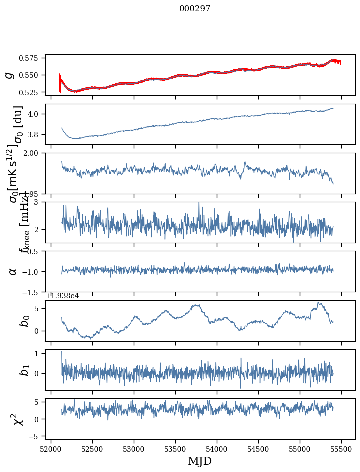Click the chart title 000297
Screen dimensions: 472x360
[195, 9]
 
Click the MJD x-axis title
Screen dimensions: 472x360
[200, 461]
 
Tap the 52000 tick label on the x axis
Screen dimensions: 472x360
[51, 449]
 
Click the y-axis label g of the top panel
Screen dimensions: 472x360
[9, 75]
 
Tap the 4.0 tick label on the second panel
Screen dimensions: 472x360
[36, 114]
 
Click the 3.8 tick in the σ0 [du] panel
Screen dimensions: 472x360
[36, 135]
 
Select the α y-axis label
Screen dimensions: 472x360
[13, 271]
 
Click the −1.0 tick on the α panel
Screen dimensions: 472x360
[32, 272]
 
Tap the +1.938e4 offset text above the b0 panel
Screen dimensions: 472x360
[62, 296]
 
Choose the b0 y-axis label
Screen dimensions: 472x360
[24, 321]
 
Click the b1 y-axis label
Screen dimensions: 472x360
[24, 370]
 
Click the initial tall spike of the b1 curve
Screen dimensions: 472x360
[62, 353]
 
